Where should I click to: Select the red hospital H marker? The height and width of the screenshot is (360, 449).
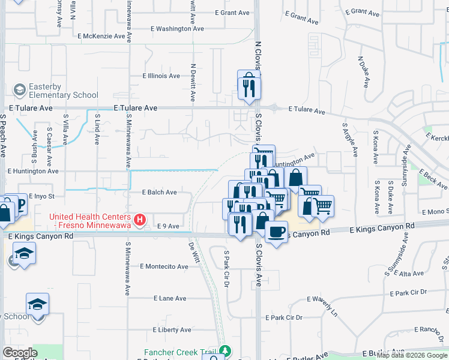(x=140, y=220)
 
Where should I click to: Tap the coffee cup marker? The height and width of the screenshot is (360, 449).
(x=276, y=232)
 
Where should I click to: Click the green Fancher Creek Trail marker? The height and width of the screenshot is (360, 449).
(x=225, y=350)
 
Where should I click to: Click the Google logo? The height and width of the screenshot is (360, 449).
(x=20, y=353)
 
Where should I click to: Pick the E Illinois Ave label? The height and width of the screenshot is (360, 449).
(x=161, y=76)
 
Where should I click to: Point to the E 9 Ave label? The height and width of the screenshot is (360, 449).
(x=168, y=226)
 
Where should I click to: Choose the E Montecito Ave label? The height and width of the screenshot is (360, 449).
(x=164, y=266)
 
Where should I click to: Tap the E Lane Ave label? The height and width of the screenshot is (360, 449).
(x=170, y=298)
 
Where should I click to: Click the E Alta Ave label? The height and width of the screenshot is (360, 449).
(x=412, y=274)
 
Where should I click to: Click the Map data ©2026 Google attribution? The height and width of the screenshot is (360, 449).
(x=412, y=355)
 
